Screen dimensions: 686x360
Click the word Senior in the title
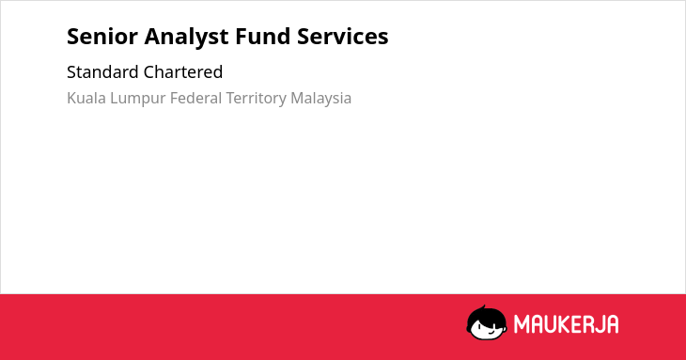[x=102, y=37]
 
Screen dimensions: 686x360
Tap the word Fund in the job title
[x=263, y=37]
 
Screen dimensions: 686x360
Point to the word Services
[x=343, y=37]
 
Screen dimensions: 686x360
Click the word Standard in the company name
[x=102, y=71]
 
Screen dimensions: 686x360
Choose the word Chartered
[x=183, y=71]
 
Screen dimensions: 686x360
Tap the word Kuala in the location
[x=86, y=98]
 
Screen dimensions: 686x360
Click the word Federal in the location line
[x=195, y=98]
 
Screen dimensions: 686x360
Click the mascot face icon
[x=487, y=322]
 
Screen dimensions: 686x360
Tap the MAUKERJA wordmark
[x=566, y=324]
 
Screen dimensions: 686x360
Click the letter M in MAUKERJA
[x=521, y=324]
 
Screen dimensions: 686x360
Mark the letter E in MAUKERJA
[x=576, y=324]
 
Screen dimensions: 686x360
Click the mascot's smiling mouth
[x=491, y=333]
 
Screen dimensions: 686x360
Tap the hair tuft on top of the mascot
[x=483, y=307]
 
